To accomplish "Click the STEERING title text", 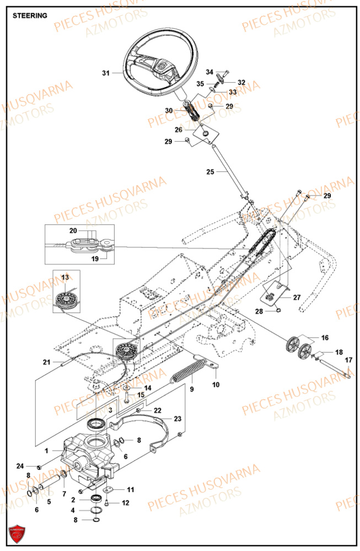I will coord(30,15).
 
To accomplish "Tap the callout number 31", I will coord(106,72).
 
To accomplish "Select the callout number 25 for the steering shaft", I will coord(210,172).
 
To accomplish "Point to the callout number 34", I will coord(209,72).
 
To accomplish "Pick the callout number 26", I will coord(179,130).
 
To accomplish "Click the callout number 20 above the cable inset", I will coord(89,230).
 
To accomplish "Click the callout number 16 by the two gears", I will coord(324,337).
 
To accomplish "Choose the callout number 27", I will coord(297,297).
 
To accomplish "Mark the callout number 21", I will coord(47,362).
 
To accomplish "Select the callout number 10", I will coord(216,384).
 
